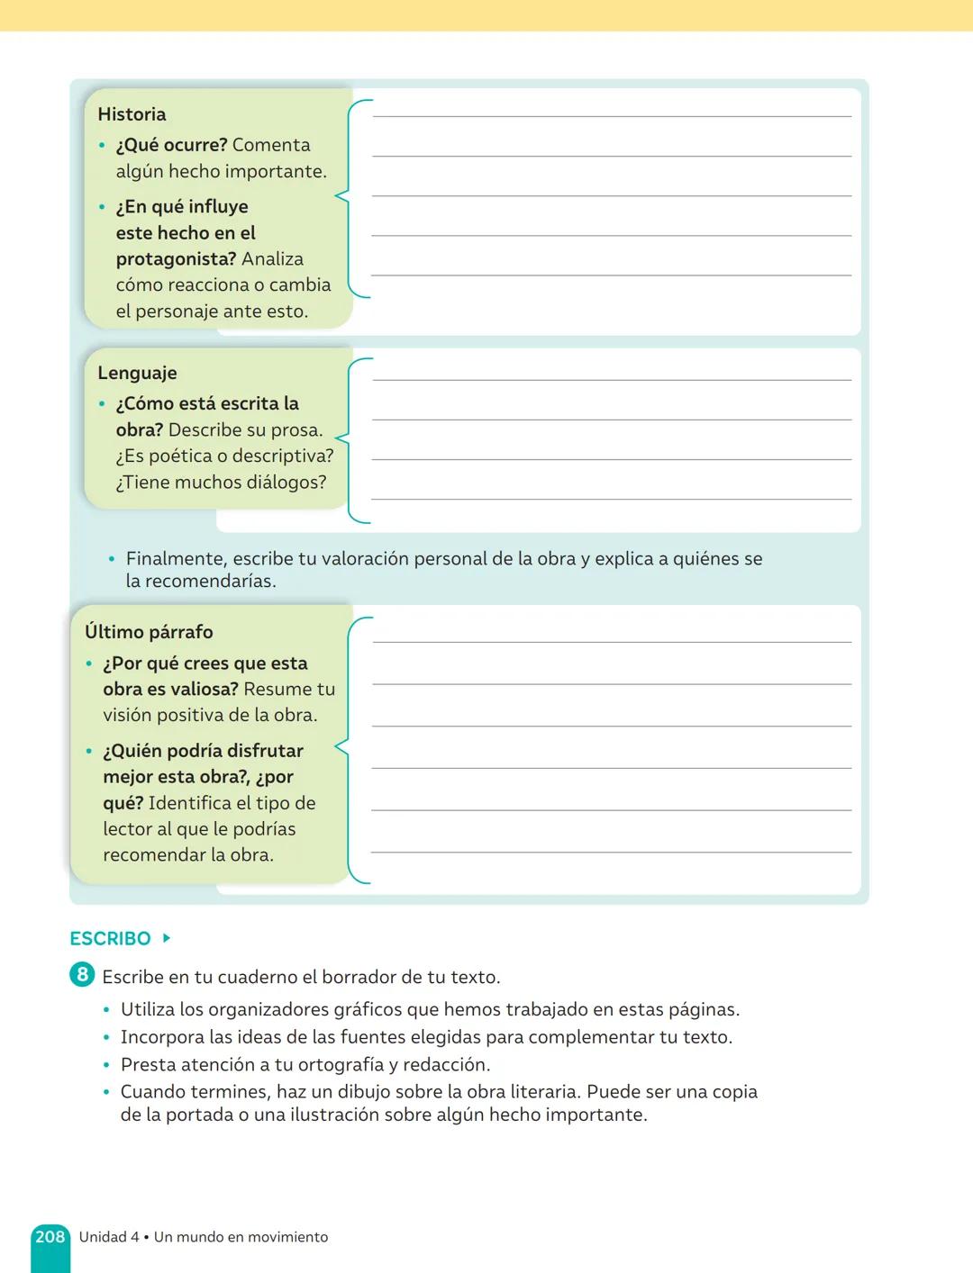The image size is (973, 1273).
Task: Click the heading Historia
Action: point(132,114)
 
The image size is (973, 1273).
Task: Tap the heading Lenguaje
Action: point(137,373)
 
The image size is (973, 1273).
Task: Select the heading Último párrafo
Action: point(149,632)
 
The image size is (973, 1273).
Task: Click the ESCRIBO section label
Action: point(110,938)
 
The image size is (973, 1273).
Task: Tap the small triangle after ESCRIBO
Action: point(167,938)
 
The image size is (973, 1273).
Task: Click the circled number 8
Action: point(82,975)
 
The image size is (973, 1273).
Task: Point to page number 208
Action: point(50,1237)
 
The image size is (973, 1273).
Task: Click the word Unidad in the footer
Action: point(102,1237)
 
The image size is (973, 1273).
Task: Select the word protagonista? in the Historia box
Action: point(176,259)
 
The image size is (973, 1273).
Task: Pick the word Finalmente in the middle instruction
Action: point(177,559)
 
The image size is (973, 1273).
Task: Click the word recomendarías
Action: point(201,582)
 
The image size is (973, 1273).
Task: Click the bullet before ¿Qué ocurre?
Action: point(102,146)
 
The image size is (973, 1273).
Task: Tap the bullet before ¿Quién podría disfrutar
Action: point(89,752)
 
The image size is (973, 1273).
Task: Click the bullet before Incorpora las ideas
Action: point(107,1038)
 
